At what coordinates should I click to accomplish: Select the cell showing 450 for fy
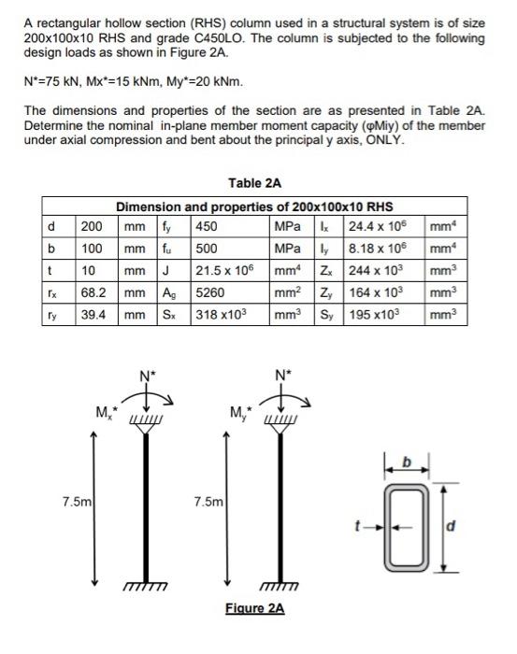[206, 225]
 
